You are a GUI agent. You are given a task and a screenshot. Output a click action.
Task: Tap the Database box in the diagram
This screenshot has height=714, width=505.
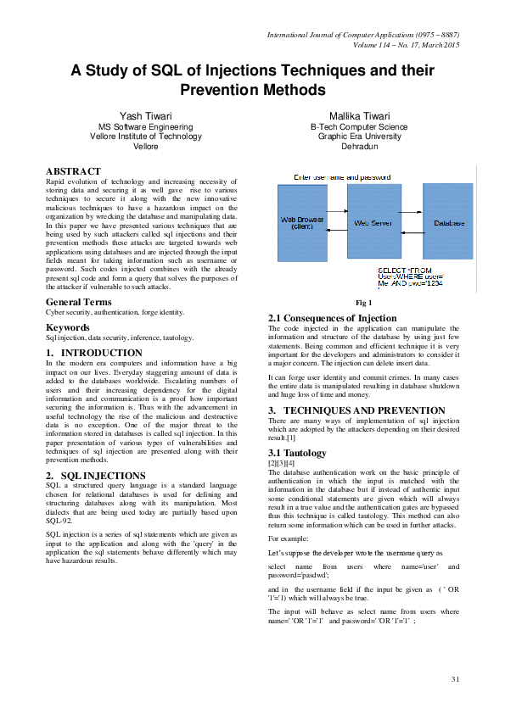pos(449,223)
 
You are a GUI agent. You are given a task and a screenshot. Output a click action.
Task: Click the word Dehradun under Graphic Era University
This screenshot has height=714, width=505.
pos(358,147)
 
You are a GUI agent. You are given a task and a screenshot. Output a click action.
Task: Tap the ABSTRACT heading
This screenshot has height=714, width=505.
pos(73,171)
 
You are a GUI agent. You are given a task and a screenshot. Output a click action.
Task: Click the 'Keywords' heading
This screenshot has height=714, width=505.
pos(68,327)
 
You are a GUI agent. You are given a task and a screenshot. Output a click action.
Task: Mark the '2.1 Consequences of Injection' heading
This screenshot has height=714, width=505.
pos(332,319)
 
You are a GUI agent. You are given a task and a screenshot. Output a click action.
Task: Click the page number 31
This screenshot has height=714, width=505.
pos(454,679)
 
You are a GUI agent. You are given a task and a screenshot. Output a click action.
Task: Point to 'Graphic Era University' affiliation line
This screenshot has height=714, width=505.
pos(358,137)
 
